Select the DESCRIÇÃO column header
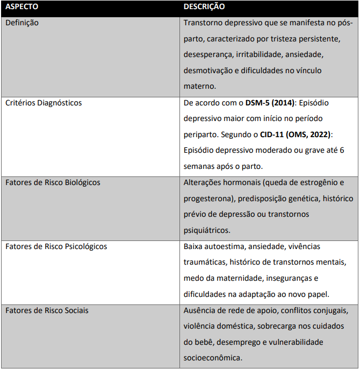204,7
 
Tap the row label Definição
22,23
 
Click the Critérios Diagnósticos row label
44,102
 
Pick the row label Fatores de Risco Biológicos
53,182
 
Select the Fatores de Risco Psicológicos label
56,246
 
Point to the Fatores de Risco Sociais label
47,310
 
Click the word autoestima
224,246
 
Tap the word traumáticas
205,262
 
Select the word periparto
199,134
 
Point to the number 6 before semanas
342,150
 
